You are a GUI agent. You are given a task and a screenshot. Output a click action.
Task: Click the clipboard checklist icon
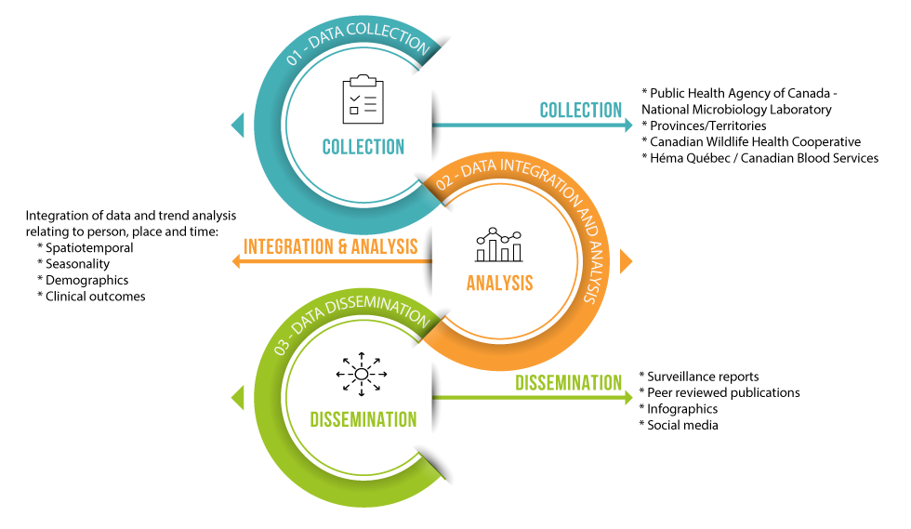point(363,98)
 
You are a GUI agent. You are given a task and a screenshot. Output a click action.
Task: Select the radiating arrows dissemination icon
point(362,374)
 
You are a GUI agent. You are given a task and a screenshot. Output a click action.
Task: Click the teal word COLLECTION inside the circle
point(363,147)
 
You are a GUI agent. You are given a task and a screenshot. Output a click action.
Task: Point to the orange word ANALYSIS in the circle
point(500,282)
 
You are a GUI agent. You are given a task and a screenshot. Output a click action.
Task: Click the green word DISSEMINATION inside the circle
point(363,420)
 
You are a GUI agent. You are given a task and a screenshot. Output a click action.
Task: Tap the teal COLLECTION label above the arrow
point(581,110)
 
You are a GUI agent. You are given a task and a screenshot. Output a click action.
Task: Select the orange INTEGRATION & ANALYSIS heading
point(330,247)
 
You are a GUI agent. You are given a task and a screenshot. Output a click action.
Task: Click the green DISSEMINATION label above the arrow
point(569,382)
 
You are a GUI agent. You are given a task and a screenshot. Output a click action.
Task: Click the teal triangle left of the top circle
point(238,124)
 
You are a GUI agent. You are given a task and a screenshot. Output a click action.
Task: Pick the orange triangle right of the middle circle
point(626,261)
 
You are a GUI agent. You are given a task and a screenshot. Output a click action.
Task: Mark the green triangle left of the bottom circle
point(238,398)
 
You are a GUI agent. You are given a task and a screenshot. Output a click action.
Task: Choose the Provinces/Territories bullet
point(707,126)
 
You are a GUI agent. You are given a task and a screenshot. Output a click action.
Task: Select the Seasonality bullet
point(77,264)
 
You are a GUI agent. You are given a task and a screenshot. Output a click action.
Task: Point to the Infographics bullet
point(682,409)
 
